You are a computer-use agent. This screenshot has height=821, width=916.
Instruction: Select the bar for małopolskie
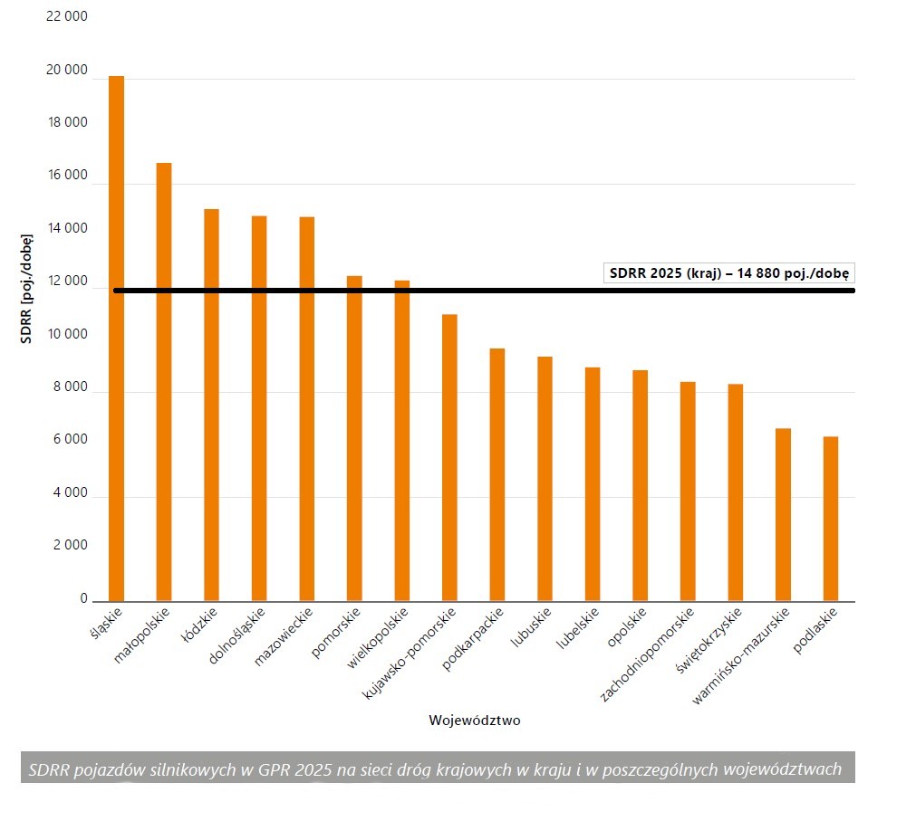164,381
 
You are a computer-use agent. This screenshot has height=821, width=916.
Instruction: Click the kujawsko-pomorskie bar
449,457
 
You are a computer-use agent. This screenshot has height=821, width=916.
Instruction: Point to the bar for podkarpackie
497,474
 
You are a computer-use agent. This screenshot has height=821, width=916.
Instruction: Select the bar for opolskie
640,485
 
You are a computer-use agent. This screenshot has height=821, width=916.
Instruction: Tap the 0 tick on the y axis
83,598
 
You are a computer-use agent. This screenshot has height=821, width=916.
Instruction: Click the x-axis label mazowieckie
284,636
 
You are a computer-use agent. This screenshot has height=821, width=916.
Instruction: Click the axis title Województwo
474,721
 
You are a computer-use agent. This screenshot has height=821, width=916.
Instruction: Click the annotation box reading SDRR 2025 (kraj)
729,272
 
